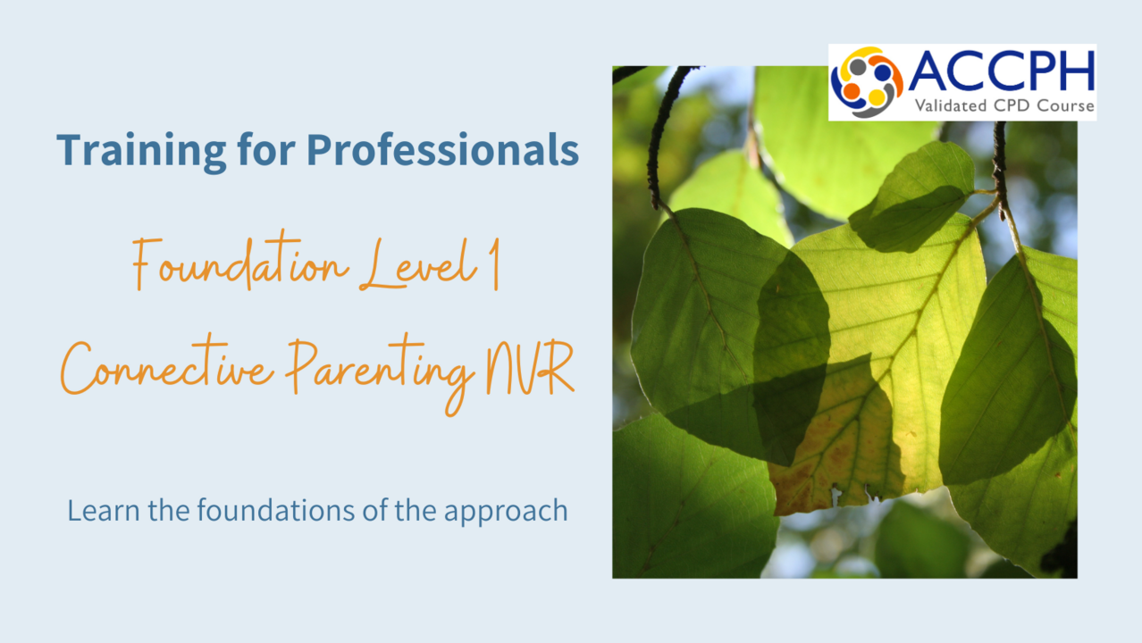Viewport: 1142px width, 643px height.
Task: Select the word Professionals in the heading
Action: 442,150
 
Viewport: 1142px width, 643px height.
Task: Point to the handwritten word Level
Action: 418,264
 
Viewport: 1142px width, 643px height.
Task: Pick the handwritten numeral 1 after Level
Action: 494,265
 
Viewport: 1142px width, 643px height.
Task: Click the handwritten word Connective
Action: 167,368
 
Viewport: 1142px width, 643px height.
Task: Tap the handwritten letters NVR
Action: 530,368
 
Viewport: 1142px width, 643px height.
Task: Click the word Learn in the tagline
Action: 104,510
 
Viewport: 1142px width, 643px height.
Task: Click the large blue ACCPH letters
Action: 1002,71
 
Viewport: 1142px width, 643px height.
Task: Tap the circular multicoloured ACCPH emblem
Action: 866,82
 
